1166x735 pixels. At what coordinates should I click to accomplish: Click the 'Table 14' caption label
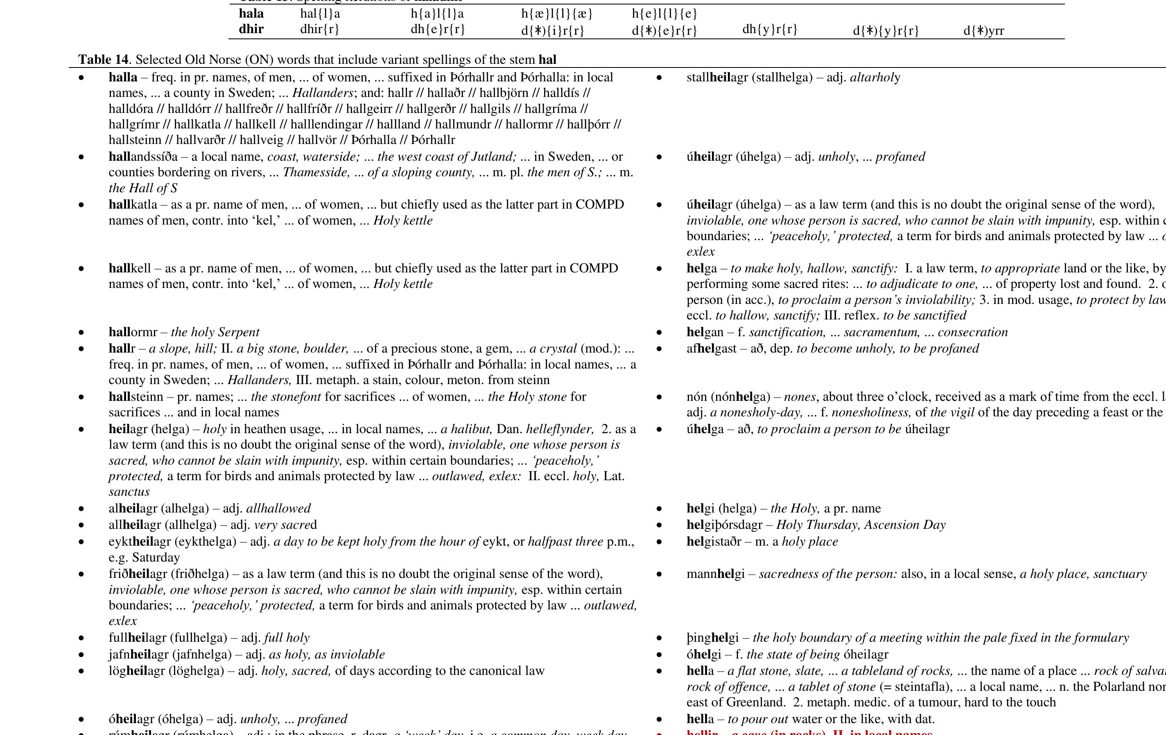click(103, 60)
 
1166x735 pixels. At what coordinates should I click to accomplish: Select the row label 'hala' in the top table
click(251, 13)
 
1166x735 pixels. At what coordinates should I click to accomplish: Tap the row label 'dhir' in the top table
click(251, 29)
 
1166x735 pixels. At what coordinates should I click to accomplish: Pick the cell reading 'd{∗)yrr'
click(983, 31)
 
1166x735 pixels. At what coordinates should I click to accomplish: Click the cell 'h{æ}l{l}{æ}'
click(557, 14)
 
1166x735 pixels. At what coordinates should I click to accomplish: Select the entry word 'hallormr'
click(133, 332)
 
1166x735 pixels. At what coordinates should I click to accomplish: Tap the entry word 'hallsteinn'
click(136, 397)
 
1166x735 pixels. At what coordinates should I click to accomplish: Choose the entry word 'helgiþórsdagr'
click(724, 525)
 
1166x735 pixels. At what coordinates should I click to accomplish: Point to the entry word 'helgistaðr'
click(714, 542)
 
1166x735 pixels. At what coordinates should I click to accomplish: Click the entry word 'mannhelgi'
click(715, 574)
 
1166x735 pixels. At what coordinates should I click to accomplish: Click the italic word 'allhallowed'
click(278, 508)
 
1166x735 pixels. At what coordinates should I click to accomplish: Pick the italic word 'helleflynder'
click(559, 429)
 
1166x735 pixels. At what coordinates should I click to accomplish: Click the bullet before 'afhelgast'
click(659, 349)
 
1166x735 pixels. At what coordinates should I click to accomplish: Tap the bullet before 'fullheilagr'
click(81, 638)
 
